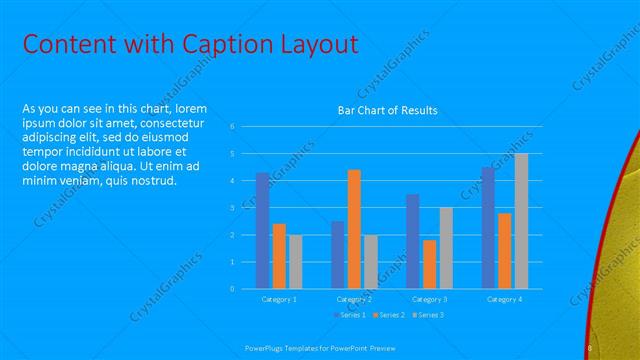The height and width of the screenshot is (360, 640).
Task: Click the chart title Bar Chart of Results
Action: (387, 110)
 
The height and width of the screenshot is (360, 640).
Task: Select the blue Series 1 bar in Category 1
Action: (263, 230)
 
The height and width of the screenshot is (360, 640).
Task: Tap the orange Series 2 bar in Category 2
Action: (354, 229)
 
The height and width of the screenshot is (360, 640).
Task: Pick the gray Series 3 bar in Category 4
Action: (521, 221)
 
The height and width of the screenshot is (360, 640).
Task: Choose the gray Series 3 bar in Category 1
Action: (296, 261)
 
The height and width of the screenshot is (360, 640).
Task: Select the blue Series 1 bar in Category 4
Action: (488, 228)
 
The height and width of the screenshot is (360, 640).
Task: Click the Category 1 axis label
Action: (279, 299)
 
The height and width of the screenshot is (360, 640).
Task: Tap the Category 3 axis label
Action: (430, 299)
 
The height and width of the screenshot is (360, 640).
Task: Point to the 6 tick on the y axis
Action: (232, 127)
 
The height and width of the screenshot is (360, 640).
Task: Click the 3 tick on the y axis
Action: (232, 208)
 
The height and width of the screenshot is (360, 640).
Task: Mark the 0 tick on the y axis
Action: (232, 289)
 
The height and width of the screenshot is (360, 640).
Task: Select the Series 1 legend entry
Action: (350, 315)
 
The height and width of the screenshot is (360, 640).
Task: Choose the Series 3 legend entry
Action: (428, 315)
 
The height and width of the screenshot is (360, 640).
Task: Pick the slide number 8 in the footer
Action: (590, 347)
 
